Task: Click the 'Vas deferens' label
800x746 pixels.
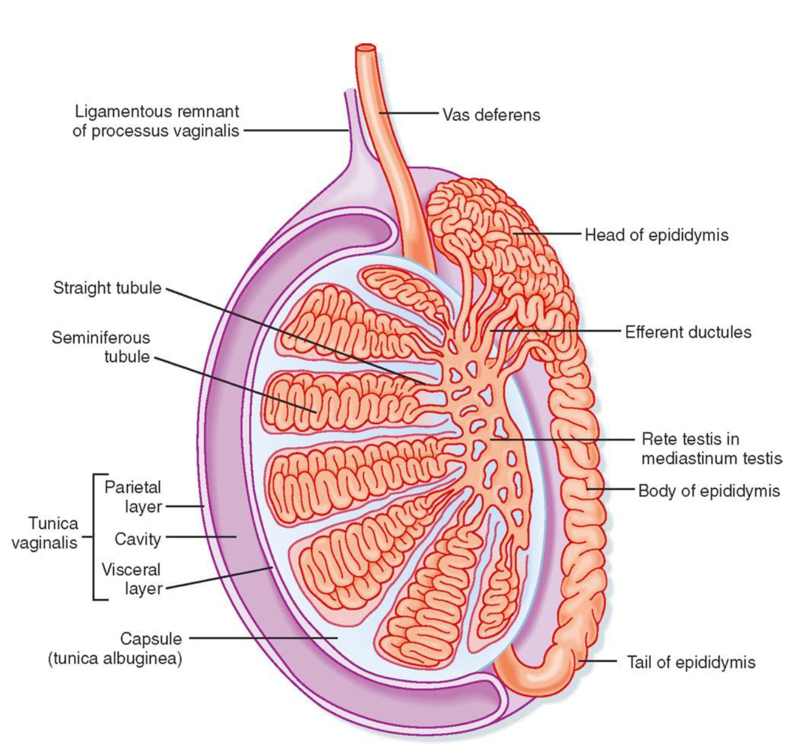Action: (491, 114)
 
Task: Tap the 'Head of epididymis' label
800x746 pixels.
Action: (656, 235)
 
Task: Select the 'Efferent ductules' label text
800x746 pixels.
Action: (688, 332)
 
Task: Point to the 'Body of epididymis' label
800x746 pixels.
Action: (709, 491)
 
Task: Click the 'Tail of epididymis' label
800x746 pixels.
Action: (691, 662)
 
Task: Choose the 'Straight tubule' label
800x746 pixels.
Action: (107, 288)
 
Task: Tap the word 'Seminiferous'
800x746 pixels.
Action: (100, 338)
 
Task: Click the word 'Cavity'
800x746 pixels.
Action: (138, 538)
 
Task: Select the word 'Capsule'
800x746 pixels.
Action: (151, 638)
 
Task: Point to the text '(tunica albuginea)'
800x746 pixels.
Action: (115, 658)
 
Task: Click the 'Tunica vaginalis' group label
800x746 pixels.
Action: (45, 533)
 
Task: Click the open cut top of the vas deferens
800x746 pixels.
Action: (365, 48)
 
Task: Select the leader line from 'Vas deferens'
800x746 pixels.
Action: (409, 113)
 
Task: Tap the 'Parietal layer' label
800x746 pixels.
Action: (133, 497)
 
